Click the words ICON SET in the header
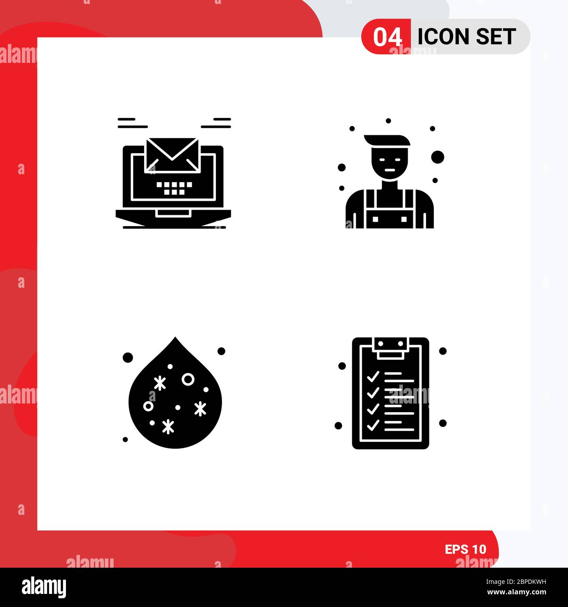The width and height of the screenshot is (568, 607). pyautogui.click(x=466, y=37)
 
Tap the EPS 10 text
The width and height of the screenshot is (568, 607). pyautogui.click(x=465, y=549)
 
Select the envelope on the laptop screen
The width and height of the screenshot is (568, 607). pyautogui.click(x=172, y=155)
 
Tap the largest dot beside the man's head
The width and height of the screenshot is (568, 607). pyautogui.click(x=437, y=157)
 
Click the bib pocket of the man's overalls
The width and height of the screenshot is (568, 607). pyautogui.click(x=390, y=218)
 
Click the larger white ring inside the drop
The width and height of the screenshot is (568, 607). pyautogui.click(x=188, y=379)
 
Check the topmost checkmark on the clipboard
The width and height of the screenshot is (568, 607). pyautogui.click(x=373, y=376)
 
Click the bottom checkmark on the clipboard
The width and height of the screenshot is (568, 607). pyautogui.click(x=373, y=424)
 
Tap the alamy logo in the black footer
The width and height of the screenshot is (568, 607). pyautogui.click(x=44, y=586)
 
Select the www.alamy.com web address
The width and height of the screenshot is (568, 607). pyautogui.click(x=516, y=593)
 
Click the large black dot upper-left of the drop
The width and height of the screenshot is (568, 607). pyautogui.click(x=128, y=358)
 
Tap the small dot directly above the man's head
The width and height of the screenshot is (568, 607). pyautogui.click(x=388, y=121)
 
